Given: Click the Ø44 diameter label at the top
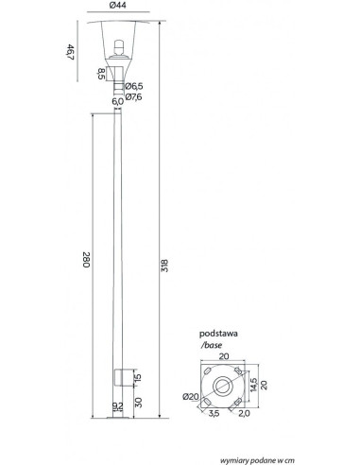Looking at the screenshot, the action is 118,6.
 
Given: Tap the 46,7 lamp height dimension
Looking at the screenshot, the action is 71,52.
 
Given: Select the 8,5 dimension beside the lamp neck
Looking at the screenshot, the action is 101,74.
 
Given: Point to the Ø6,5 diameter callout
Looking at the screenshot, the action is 134,86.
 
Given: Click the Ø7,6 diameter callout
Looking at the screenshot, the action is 134,97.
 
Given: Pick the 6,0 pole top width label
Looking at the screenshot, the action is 117,101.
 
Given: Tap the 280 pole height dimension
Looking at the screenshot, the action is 86,260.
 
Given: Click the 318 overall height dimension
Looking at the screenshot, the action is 164,266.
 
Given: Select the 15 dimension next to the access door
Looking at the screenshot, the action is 138,377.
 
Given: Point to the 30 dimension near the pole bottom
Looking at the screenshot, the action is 138,403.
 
